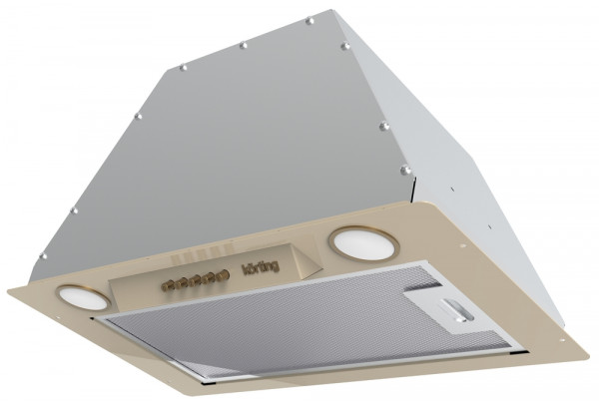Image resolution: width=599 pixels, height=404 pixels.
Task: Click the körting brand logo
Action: [261, 267]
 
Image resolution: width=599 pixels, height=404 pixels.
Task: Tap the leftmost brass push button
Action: [167, 286]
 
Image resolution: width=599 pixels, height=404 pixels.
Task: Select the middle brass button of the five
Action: [196, 280]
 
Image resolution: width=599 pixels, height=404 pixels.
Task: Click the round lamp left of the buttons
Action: [83, 297]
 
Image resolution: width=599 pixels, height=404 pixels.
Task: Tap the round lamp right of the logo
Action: [364, 243]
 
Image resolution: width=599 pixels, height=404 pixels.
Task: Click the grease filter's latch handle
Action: [457, 309]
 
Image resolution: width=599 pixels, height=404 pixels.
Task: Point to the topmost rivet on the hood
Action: [309, 21]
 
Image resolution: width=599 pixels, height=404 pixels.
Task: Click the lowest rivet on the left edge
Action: [43, 255]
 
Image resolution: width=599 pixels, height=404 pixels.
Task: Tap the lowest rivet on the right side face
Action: [405, 170]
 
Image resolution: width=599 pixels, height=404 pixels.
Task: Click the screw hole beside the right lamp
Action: [463, 246]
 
